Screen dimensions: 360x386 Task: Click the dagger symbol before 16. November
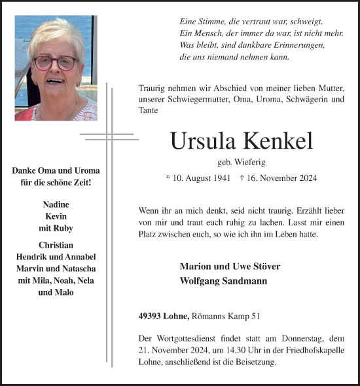243,178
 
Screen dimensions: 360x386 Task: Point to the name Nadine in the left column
56,204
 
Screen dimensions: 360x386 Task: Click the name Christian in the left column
56,245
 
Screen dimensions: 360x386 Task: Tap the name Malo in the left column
64,292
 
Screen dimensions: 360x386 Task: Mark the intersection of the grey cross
109,136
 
